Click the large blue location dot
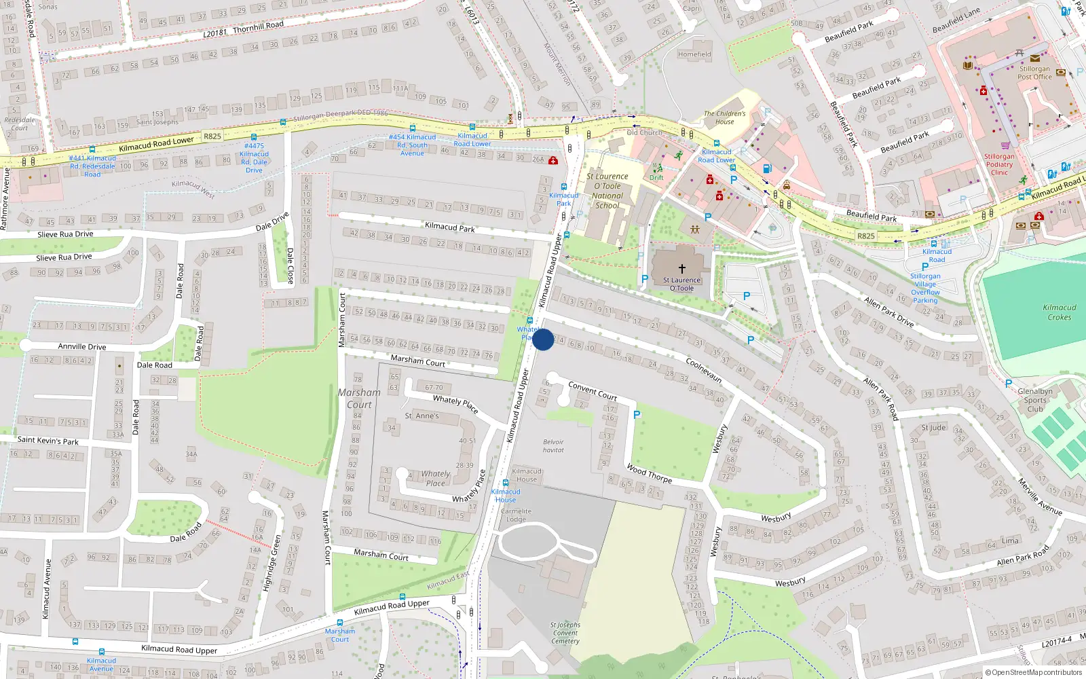click(x=543, y=339)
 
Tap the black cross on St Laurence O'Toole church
click(x=682, y=269)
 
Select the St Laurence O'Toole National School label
click(x=607, y=191)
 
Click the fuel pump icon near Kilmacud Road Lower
click(x=767, y=168)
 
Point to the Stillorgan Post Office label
click(x=1034, y=73)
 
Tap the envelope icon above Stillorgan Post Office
click(x=1034, y=58)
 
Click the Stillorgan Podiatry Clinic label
click(x=999, y=164)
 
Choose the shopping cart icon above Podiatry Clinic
click(x=1005, y=145)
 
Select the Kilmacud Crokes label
click(x=1060, y=312)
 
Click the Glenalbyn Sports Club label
click(x=1035, y=400)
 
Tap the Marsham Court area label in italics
click(x=359, y=399)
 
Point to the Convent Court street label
click(x=593, y=390)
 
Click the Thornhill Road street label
click(x=258, y=26)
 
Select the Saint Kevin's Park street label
click(x=48, y=441)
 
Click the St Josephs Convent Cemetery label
click(x=565, y=633)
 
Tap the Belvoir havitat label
click(x=553, y=445)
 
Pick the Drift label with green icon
click(x=656, y=178)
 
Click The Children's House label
click(x=724, y=117)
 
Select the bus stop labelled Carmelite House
click(x=505, y=483)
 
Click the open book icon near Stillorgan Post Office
click(x=967, y=65)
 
